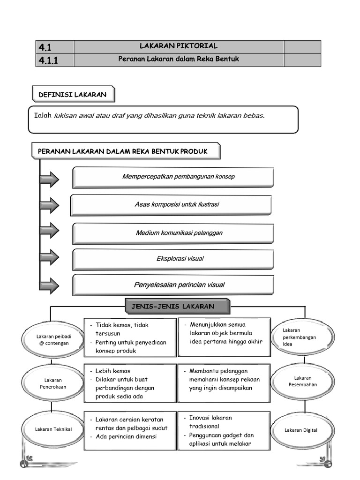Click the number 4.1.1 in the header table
48,60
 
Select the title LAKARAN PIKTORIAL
179,46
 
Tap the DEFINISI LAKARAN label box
74,94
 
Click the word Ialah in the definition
43,115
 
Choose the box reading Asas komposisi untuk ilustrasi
171,205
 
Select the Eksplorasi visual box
173,260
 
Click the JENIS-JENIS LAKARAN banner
178,306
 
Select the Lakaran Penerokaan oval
52,383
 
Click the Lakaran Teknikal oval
53,429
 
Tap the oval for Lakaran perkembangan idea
302,337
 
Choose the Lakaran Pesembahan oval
302,382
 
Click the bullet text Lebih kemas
112,371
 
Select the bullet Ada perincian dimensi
126,436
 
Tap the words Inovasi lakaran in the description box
210,418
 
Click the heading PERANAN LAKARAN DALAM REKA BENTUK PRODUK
123,151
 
